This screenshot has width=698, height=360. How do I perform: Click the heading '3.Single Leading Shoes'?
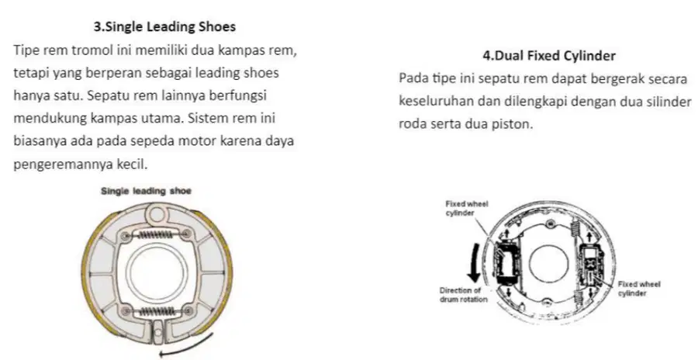[164, 26]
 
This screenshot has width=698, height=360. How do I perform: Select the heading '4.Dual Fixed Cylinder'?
[549, 56]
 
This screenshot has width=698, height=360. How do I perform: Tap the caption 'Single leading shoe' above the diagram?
[146, 191]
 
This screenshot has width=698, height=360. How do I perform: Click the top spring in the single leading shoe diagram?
[157, 234]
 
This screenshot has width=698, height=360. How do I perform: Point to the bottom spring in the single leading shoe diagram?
[157, 311]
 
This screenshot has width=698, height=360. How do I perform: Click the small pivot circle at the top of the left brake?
[156, 214]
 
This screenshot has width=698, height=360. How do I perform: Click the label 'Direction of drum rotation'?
[464, 295]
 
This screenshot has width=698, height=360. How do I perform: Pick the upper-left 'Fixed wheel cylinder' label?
[467, 209]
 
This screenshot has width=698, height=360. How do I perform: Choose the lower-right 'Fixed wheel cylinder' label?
[639, 289]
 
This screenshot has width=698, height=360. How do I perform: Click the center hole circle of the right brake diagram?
[549, 265]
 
